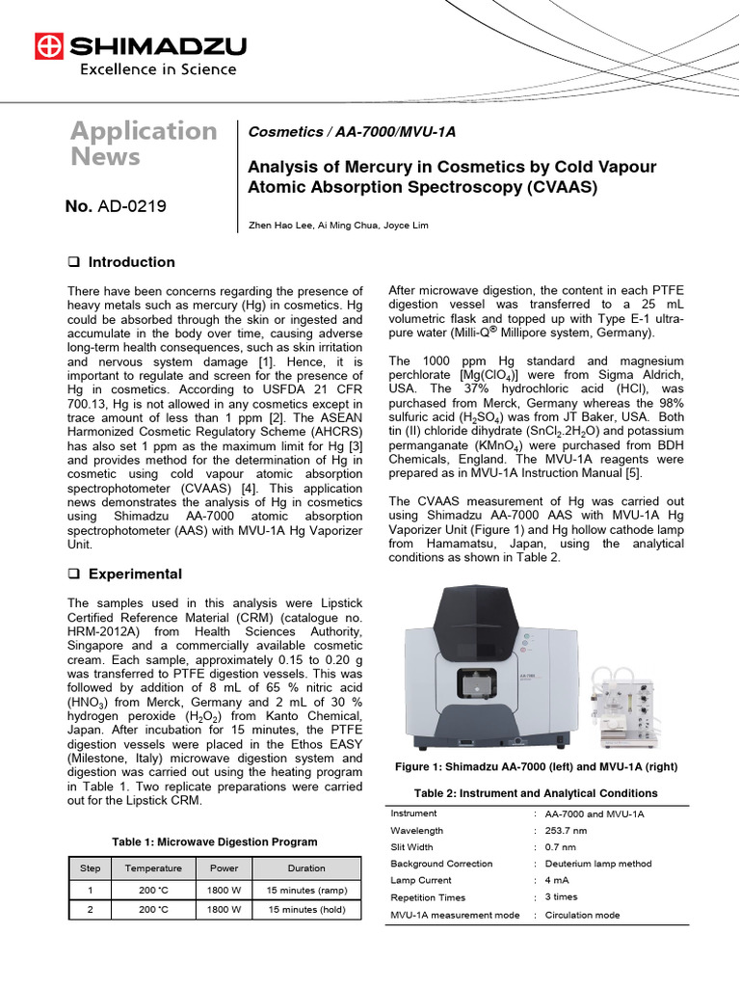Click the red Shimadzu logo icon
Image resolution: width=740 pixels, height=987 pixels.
(47, 45)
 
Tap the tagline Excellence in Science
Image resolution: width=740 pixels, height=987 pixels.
(157, 69)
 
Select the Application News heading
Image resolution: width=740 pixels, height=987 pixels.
(144, 143)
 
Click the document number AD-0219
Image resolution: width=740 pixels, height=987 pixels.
(124, 205)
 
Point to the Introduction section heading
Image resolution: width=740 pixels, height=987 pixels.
(131, 262)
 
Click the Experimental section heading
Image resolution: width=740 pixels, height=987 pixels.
(134, 574)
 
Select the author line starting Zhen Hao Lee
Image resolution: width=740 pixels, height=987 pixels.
(326, 225)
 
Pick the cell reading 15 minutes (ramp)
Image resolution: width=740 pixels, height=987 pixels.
(306, 891)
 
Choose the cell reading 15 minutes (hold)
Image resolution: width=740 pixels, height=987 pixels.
(306, 909)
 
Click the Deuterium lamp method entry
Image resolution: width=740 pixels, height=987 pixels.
(597, 864)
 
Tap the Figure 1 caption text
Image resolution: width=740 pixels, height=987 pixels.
(537, 767)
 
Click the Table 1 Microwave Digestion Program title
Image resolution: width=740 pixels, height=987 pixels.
(214, 841)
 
